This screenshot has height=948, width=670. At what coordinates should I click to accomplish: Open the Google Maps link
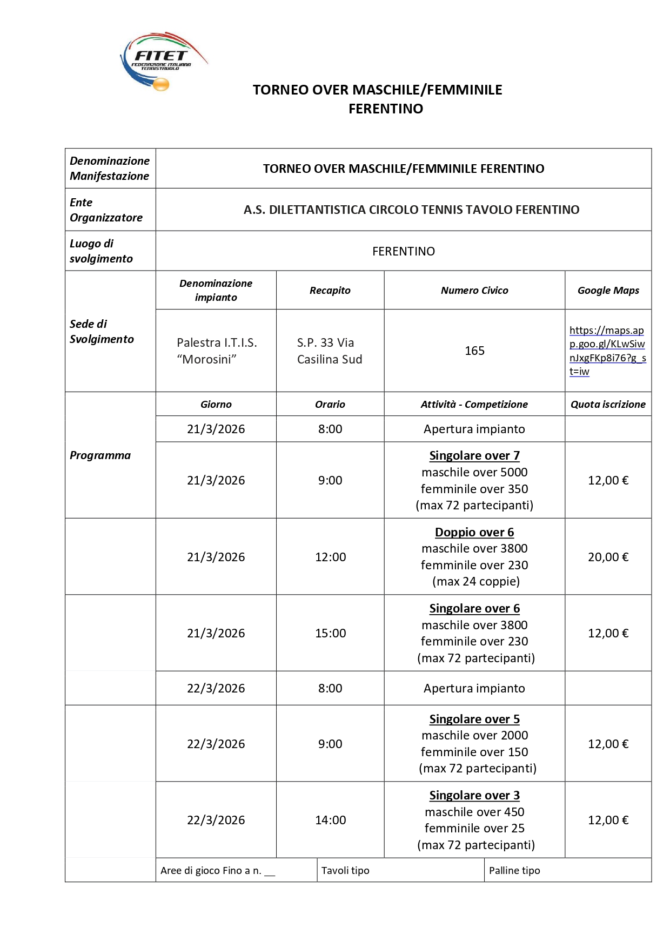pyautogui.click(x=607, y=351)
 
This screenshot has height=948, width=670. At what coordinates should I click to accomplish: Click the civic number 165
pyautogui.click(x=474, y=351)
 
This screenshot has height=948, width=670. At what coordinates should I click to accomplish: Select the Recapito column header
pyautogui.click(x=330, y=291)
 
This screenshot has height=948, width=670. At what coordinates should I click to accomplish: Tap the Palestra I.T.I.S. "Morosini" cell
pyautogui.click(x=217, y=351)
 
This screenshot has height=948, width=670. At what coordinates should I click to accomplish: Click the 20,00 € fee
pyautogui.click(x=608, y=557)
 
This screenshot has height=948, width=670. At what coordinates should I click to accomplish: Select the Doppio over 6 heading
pyautogui.click(x=474, y=532)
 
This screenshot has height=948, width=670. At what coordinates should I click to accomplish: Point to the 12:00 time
pyautogui.click(x=330, y=557)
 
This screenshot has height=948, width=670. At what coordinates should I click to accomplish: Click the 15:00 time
pyautogui.click(x=330, y=633)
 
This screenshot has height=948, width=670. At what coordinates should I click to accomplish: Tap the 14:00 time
pyautogui.click(x=330, y=820)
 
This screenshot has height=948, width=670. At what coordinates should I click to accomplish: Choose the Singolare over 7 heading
pyautogui.click(x=474, y=456)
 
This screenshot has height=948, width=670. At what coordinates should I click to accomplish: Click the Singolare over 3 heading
pyautogui.click(x=474, y=795)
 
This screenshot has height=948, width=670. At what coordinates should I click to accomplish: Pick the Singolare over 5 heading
pyautogui.click(x=474, y=719)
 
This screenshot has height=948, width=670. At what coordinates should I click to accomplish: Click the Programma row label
pyautogui.click(x=100, y=455)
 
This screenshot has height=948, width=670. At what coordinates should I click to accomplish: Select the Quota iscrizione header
pyautogui.click(x=608, y=405)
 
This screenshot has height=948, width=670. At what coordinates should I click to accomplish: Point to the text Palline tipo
pyautogui.click(x=514, y=871)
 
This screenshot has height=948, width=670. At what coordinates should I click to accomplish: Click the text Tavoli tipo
pyautogui.click(x=345, y=871)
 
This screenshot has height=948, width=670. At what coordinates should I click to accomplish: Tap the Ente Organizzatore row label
pyautogui.click(x=106, y=210)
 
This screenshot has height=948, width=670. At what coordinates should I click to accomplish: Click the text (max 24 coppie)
pyautogui.click(x=476, y=582)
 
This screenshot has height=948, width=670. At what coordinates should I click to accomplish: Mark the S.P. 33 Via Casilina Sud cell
pyautogui.click(x=330, y=351)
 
